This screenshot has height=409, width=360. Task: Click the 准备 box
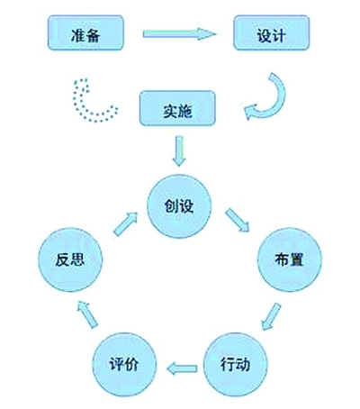click(85, 33)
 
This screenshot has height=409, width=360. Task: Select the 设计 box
click(272, 33)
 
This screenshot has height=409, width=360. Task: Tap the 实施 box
click(177, 108)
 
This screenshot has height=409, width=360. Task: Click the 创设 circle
click(179, 206)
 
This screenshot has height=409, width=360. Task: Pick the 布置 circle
click(290, 259)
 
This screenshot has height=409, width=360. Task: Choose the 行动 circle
click(236, 365)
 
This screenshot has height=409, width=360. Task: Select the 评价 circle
click(124, 365)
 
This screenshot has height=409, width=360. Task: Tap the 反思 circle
click(70, 259)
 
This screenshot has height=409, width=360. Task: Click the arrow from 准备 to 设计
click(179, 34)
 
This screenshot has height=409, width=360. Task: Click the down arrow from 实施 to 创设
click(179, 151)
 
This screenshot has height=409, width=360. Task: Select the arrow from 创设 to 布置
click(238, 221)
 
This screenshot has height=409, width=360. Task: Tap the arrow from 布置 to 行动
click(271, 317)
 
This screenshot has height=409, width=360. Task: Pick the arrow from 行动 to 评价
click(182, 368)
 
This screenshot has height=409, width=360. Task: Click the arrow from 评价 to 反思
click(87, 314)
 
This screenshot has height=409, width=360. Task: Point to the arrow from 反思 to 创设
click(125, 223)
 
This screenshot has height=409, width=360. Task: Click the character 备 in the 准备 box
click(93, 35)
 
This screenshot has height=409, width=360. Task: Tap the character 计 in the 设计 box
click(279, 36)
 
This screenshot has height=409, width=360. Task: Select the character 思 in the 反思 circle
click(77, 259)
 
